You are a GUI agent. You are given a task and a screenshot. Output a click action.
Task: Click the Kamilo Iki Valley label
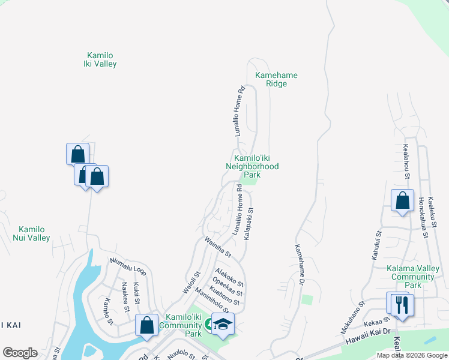pyautogui.click(x=101, y=59)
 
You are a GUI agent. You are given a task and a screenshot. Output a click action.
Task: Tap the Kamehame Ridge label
pyautogui.click(x=276, y=79)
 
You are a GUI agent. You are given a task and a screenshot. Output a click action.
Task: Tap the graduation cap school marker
pyautogui.click(x=223, y=324)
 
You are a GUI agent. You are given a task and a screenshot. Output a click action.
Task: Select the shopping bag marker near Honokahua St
pyautogui.click(x=402, y=200)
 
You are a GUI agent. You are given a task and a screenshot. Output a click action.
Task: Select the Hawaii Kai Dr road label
pyautogui.click(x=367, y=335)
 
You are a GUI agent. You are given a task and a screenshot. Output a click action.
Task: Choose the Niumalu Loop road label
pyautogui.click(x=128, y=266)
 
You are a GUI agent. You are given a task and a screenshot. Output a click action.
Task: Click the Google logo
pyautogui.click(x=20, y=353)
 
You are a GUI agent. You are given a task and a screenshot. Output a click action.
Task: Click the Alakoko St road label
pyautogui.click(x=230, y=277)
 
